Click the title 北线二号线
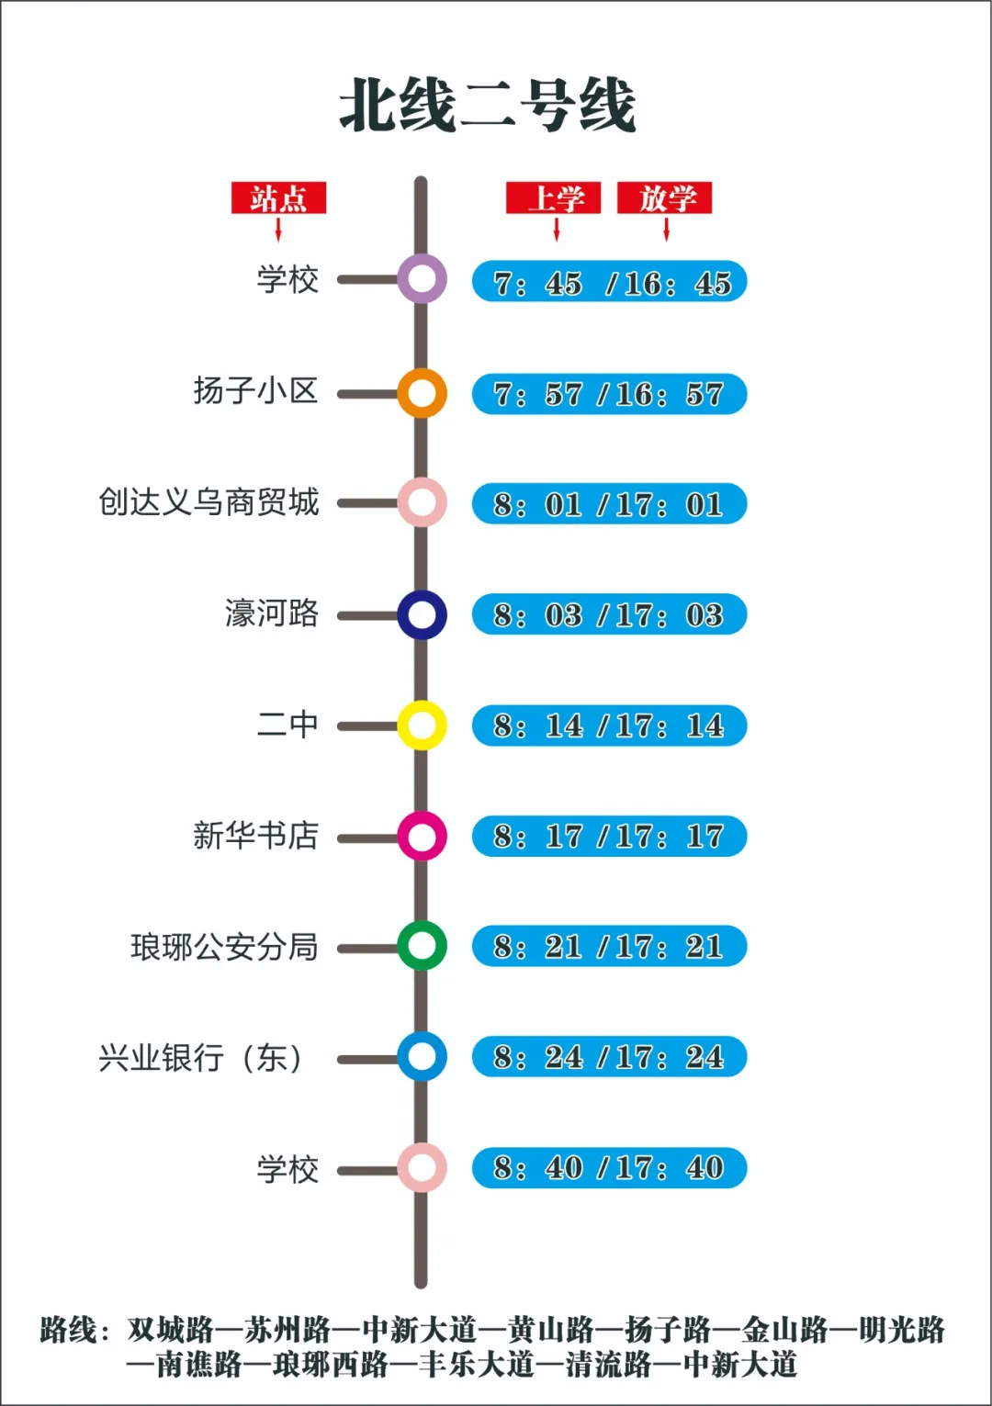488,105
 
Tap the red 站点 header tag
278,198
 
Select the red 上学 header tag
553,198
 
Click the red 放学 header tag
665,198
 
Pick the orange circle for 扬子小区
422,393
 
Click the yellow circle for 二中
422,725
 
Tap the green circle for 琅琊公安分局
422,946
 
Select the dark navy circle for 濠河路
422,614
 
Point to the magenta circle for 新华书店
422,836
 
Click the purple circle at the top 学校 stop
422,279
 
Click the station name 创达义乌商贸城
209,502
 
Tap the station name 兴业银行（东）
201,1057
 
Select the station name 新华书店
255,836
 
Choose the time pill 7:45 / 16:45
609,282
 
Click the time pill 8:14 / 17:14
609,725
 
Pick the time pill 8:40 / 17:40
609,1167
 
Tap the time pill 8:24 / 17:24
609,1057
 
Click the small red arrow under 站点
278,230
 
